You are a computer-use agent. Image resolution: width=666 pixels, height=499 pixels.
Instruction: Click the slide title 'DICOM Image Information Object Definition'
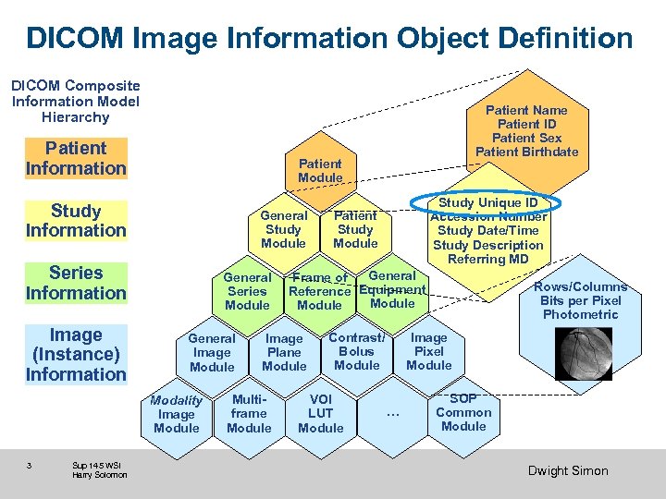329,38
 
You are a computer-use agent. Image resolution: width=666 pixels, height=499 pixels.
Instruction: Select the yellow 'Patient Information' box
76,158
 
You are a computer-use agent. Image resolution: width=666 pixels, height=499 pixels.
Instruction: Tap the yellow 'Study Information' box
76,221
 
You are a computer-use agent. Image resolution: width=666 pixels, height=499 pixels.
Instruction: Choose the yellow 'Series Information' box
76,283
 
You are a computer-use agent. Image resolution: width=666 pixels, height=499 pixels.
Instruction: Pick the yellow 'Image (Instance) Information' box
76,355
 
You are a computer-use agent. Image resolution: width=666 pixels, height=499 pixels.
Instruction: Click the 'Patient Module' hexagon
320,170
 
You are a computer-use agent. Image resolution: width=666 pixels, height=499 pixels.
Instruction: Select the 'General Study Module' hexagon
283,229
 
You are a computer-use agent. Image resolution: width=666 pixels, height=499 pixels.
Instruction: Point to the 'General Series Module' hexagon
247,291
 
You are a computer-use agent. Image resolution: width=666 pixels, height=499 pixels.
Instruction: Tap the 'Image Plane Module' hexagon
284,352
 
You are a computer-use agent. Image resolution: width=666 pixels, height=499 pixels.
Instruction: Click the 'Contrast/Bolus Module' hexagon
357,351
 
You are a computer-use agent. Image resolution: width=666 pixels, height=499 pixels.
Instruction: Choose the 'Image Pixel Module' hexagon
429,352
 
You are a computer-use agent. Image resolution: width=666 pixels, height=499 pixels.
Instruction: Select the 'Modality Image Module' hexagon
176,414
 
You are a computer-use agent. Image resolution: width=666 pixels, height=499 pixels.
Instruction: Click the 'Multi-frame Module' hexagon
249,413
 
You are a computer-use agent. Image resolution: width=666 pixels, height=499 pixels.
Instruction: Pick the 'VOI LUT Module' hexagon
321,413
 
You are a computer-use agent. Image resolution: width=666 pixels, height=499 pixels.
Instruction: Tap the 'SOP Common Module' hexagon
463,412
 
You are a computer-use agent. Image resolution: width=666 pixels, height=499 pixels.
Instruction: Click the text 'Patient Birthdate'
526,152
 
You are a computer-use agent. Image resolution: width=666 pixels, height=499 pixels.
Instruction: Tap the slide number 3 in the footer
30,465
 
